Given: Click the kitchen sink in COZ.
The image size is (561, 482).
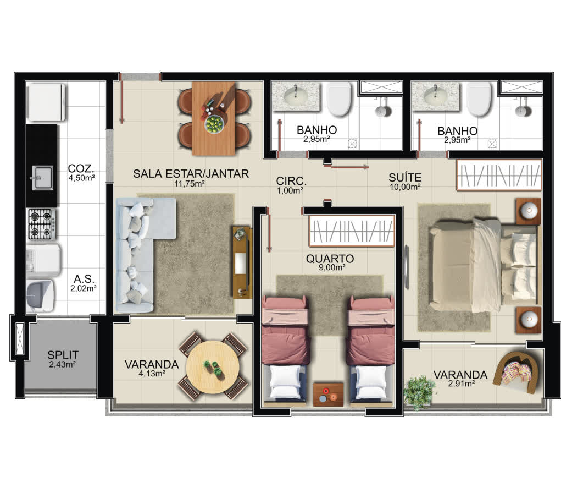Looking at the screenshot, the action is point(42,177).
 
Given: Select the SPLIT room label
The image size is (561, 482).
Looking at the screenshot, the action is point(63,355).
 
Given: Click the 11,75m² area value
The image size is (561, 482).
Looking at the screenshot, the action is point(189,184).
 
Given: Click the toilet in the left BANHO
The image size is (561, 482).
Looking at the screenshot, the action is point(339,98).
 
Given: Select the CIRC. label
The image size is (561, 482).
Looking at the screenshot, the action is point(291,180).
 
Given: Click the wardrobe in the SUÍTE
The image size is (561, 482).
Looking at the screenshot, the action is point(499,175).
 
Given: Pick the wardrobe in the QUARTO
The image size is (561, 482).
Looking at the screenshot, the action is point(352,231).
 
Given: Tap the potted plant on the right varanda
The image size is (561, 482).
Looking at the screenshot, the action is point(419,392).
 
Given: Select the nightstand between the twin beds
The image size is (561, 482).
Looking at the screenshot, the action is point(328,394).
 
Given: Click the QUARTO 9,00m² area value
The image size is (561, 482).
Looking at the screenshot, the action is point(332,267).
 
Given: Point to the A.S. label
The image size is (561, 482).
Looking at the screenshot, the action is point(84,279).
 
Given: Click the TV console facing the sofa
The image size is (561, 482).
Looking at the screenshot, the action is point(242,262).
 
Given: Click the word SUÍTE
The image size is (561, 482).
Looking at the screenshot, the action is point(405,177).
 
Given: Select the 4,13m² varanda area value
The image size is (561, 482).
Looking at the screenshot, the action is point(152,374).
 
